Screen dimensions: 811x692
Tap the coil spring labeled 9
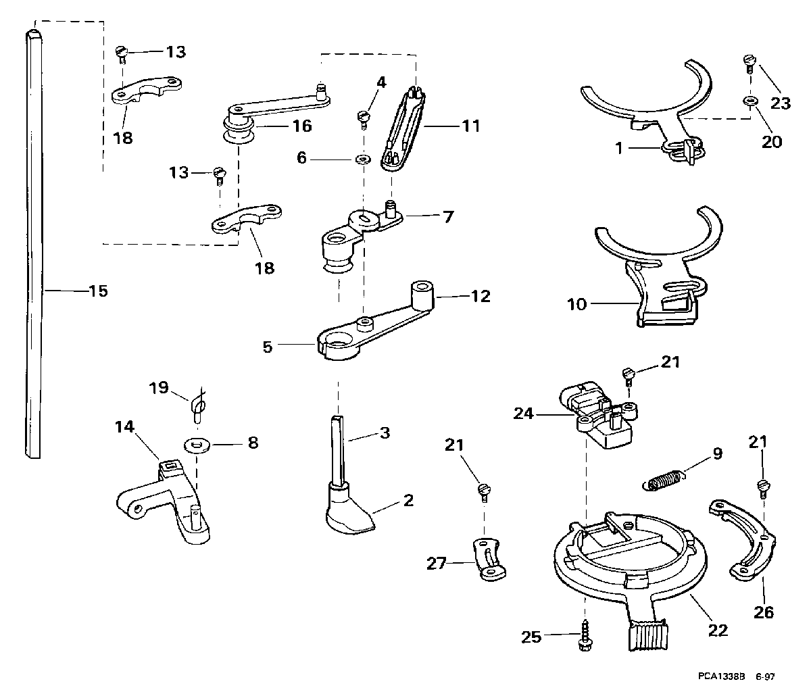[663, 480]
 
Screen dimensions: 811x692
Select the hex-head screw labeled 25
[585, 635]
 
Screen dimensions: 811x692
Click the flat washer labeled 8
[197, 445]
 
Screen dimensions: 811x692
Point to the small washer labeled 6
[364, 159]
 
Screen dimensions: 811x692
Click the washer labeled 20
[749, 101]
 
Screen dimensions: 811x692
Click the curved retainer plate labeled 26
[743, 541]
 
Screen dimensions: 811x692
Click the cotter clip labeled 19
[199, 405]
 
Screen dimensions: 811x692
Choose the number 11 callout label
[471, 126]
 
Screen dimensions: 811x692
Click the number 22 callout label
[718, 631]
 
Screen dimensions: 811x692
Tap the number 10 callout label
[576, 304]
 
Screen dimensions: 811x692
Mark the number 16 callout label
[302, 126]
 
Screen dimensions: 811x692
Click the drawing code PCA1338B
[722, 676]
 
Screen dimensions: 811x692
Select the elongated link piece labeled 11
[403, 130]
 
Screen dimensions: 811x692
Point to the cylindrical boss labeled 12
[422, 295]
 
